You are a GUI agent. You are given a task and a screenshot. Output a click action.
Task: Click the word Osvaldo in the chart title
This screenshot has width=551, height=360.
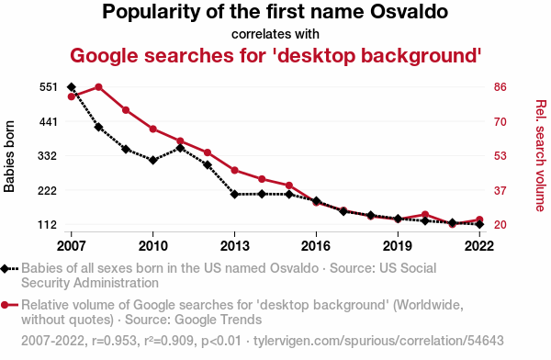click(409, 12)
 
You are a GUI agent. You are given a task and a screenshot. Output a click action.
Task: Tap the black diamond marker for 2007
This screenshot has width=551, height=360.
click(72, 87)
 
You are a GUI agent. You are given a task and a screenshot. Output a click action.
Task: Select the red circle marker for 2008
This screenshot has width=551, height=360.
click(99, 87)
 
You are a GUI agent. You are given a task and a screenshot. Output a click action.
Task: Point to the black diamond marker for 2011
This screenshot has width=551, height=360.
click(180, 149)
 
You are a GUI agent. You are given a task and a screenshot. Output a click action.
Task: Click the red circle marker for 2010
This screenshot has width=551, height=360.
click(153, 129)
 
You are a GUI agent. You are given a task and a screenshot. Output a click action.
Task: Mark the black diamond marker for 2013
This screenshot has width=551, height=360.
click(235, 194)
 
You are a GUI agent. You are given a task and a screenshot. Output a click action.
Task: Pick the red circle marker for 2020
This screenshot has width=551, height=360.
click(425, 215)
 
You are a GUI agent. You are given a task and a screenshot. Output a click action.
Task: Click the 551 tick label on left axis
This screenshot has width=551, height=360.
click(48, 87)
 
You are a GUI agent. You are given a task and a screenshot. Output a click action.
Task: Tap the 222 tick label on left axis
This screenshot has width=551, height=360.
click(48, 190)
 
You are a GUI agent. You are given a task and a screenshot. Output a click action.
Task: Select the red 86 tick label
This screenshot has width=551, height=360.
click(500, 87)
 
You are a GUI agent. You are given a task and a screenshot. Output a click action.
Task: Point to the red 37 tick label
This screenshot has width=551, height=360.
click(500, 190)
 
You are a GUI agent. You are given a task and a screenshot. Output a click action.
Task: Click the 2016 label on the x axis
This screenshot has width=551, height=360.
click(316, 246)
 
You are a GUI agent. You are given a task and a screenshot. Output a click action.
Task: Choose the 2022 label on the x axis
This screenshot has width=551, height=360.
click(479, 246)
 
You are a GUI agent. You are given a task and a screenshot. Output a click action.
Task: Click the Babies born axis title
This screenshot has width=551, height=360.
click(9, 156)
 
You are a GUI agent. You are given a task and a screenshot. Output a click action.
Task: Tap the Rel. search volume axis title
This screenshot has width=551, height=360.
click(541, 156)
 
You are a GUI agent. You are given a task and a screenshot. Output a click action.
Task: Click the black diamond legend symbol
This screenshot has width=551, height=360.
click(5, 268)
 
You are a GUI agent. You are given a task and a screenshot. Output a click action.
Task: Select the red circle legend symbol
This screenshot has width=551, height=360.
click(5, 305)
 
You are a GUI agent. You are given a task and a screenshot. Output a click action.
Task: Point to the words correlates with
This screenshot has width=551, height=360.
click(275, 34)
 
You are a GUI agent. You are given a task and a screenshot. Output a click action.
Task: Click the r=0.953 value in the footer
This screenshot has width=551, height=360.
click(114, 341)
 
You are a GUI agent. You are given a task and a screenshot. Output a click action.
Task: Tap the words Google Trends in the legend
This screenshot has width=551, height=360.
click(219, 320)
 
